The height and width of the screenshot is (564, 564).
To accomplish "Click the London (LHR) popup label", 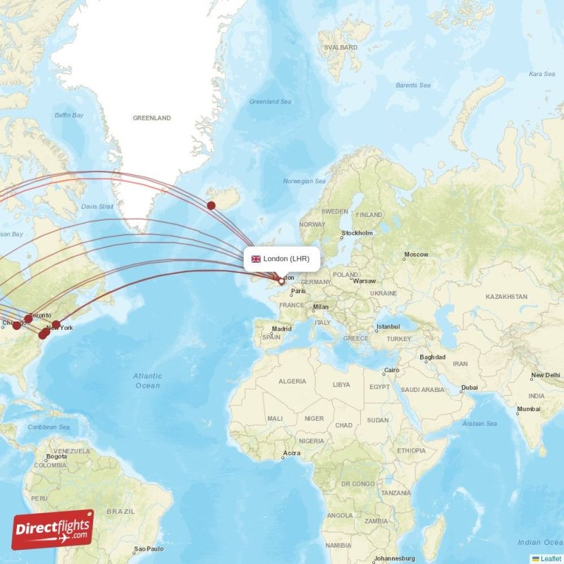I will coord(281,259).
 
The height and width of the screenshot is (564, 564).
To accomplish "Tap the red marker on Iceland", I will coord(211,205).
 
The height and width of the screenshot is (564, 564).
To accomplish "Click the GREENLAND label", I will coord(152,118).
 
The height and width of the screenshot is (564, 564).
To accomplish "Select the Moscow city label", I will coord(416,255).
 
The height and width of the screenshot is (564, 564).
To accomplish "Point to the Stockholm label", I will coord(357,233).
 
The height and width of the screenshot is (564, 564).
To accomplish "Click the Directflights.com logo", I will coord(53,529).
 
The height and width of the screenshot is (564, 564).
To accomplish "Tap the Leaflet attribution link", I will coord(551,558).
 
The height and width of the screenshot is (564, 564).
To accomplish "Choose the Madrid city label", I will coord(281,329).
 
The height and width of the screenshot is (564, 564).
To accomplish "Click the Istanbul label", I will coord(388,326).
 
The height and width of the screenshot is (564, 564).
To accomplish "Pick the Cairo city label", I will coord(391,371).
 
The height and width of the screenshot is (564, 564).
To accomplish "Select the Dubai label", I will coord(469,387).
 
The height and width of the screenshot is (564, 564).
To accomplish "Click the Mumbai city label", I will coord(528,409).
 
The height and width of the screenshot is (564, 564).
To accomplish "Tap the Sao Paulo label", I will coord(149,548).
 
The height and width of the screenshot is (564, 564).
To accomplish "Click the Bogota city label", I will coord(56,457).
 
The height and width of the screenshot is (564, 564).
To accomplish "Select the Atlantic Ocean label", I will coord(147,381).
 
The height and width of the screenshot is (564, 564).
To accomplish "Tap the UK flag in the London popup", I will coord(256,259).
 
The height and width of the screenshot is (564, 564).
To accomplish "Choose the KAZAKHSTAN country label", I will coord(506,297).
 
